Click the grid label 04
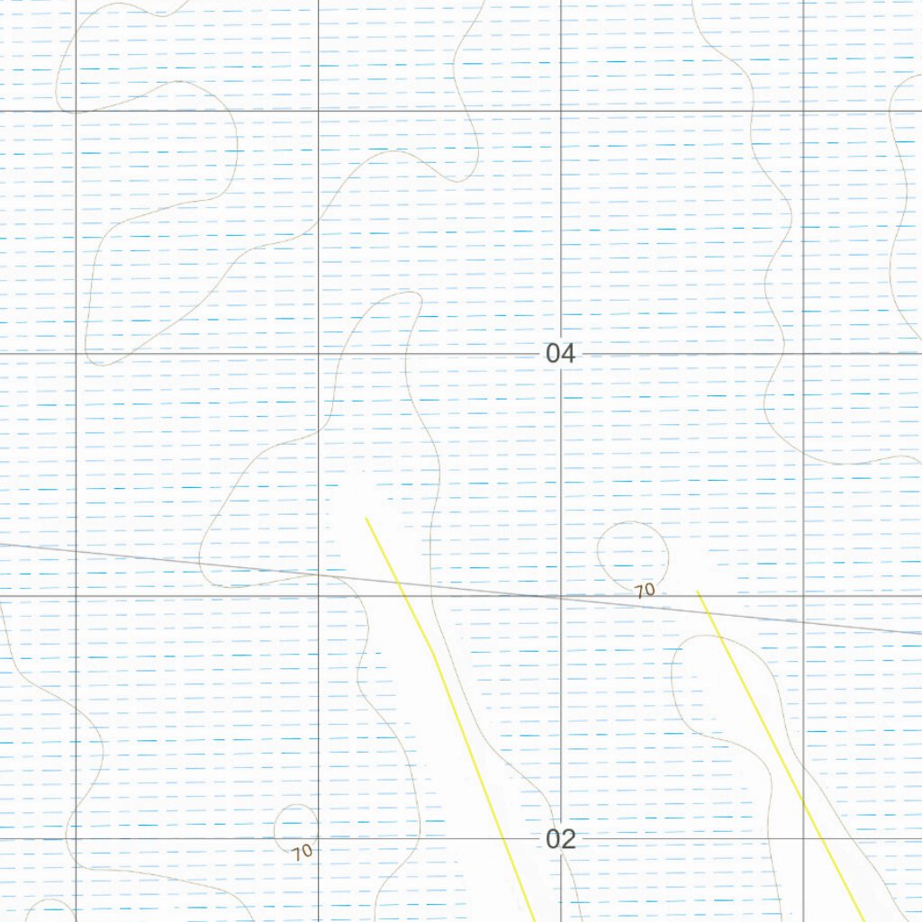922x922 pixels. [x=560, y=354]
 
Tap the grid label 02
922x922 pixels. [x=560, y=839]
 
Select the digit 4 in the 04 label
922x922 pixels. [x=567, y=354]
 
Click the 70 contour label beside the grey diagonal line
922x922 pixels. [x=644, y=592]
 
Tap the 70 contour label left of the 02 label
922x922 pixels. [x=303, y=850]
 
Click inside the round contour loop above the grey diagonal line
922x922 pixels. [x=633, y=552]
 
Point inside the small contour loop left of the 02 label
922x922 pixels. [x=296, y=823]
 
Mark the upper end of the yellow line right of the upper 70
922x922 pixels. [x=698, y=592]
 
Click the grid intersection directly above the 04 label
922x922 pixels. [x=560, y=112]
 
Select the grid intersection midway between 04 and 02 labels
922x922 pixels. [x=560, y=596]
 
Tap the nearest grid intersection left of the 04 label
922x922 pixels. [x=319, y=354]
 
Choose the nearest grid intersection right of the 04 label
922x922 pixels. [x=802, y=354]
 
